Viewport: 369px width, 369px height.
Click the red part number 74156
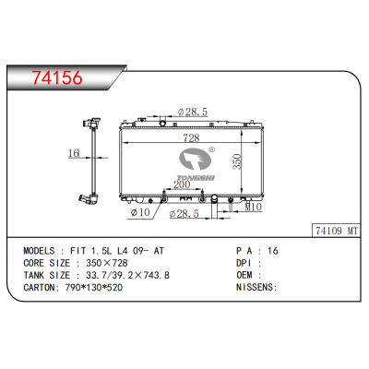(x=57, y=77)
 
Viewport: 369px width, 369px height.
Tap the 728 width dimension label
(x=191, y=137)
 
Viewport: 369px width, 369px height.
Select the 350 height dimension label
(x=237, y=161)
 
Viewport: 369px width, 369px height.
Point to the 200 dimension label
(x=182, y=184)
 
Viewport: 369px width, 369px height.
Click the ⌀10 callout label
(x=140, y=212)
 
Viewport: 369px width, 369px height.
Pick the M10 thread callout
(x=254, y=207)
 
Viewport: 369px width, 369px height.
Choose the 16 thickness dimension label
(x=74, y=153)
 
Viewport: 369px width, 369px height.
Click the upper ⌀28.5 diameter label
(x=193, y=112)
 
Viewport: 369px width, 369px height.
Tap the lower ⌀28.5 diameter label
(x=184, y=214)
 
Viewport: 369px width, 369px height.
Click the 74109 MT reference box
(x=337, y=231)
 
